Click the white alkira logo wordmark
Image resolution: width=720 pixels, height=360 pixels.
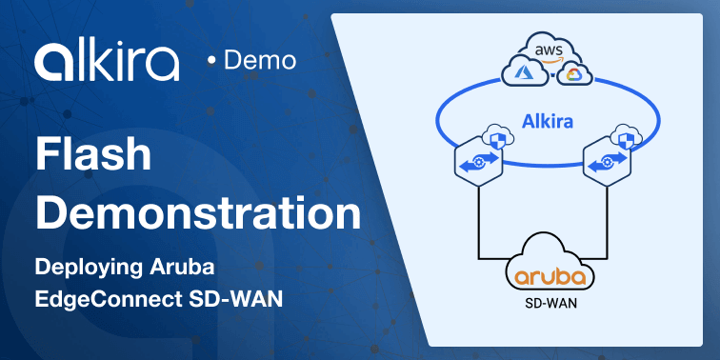[x=106, y=61]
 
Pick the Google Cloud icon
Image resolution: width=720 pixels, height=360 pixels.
[x=572, y=73]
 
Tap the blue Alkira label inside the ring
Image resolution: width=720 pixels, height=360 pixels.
[x=548, y=121]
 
